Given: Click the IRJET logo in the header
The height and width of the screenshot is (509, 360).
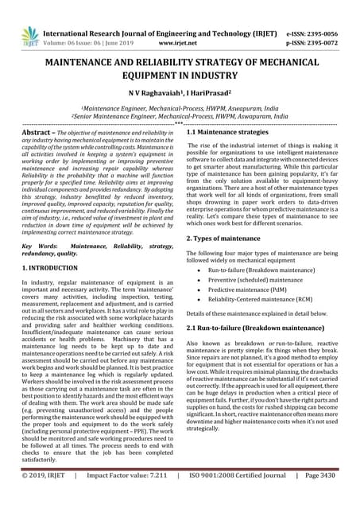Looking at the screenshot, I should (30, 36).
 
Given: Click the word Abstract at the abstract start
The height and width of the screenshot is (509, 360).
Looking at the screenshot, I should (41, 132).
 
